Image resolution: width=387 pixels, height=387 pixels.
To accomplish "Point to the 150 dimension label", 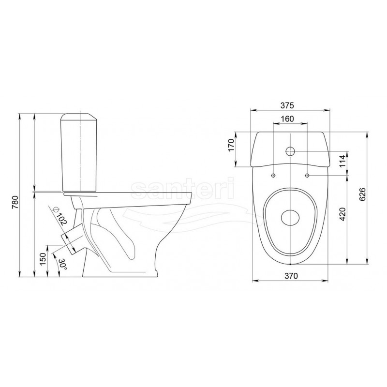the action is (x=43, y=259).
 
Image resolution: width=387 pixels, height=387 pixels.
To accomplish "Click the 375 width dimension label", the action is (x=287, y=105).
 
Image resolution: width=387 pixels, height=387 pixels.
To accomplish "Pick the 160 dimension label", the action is (x=287, y=119).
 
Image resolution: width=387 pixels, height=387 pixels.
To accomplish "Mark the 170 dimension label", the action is (x=231, y=146).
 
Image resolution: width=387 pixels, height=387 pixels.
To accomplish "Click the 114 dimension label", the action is (x=342, y=161).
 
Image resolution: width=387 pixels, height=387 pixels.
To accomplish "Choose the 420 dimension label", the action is (x=342, y=214).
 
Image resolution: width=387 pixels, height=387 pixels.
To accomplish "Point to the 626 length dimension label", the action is (x=362, y=194).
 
